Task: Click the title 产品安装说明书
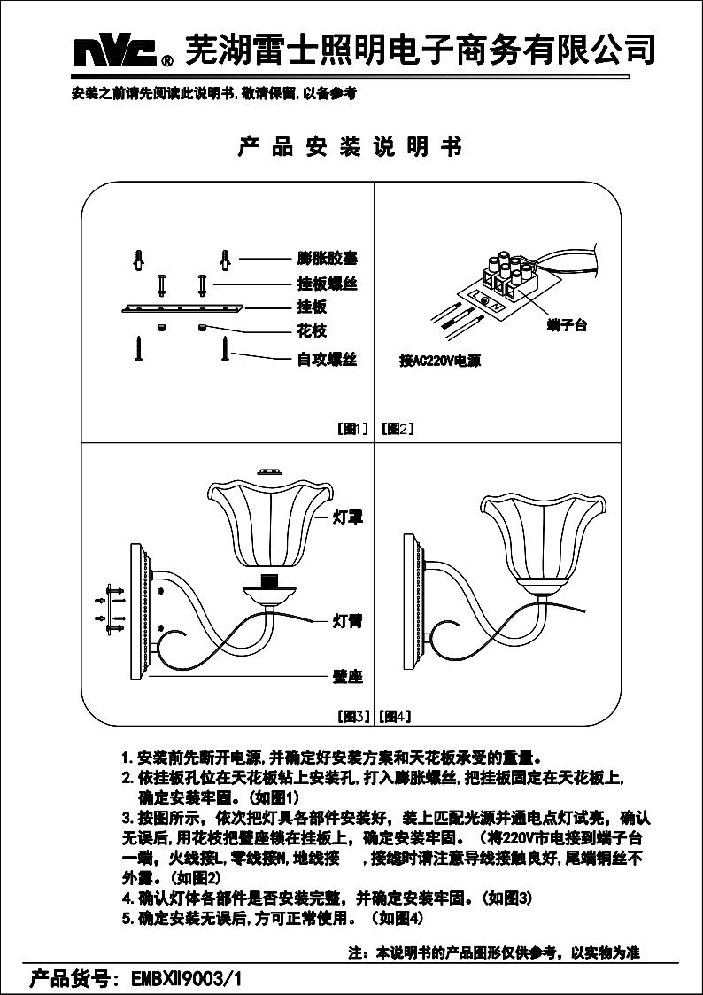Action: pos(351,147)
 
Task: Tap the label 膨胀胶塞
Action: pos(327,260)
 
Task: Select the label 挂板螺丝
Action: pos(327,284)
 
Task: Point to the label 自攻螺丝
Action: pos(327,360)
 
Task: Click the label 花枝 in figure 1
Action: pos(312,331)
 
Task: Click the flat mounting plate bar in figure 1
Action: pos(181,308)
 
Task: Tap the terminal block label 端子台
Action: pos(568,326)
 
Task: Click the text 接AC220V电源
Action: pos(440,361)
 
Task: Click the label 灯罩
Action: pos(348,515)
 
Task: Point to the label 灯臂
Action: pos(348,620)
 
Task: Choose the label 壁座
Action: pos(348,677)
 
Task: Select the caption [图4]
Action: pos(395,715)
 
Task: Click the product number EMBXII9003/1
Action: pos(186,979)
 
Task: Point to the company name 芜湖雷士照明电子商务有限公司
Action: pos(421,50)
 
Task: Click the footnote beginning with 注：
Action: pos(494,953)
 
